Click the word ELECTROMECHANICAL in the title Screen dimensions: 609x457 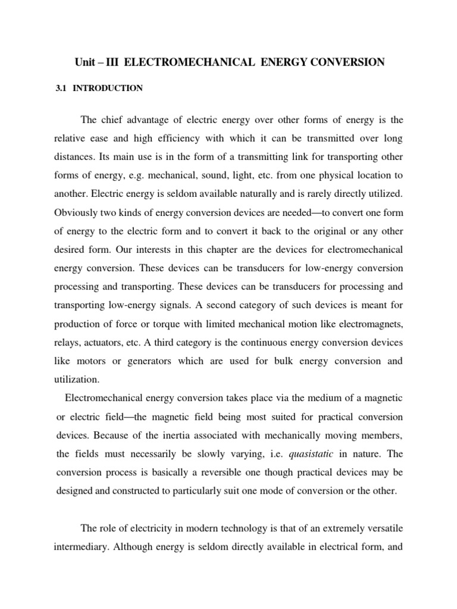(178, 62)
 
